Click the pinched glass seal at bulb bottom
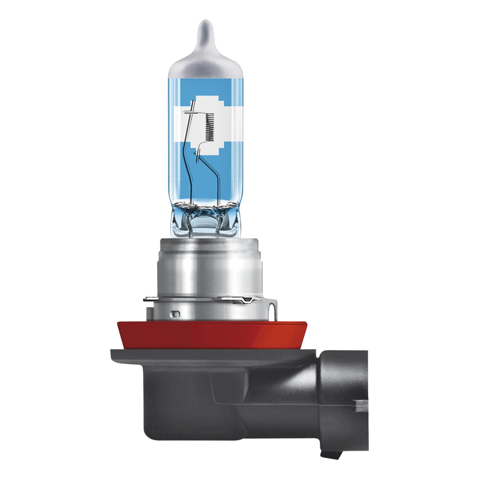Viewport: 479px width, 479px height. (x=204, y=216)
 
